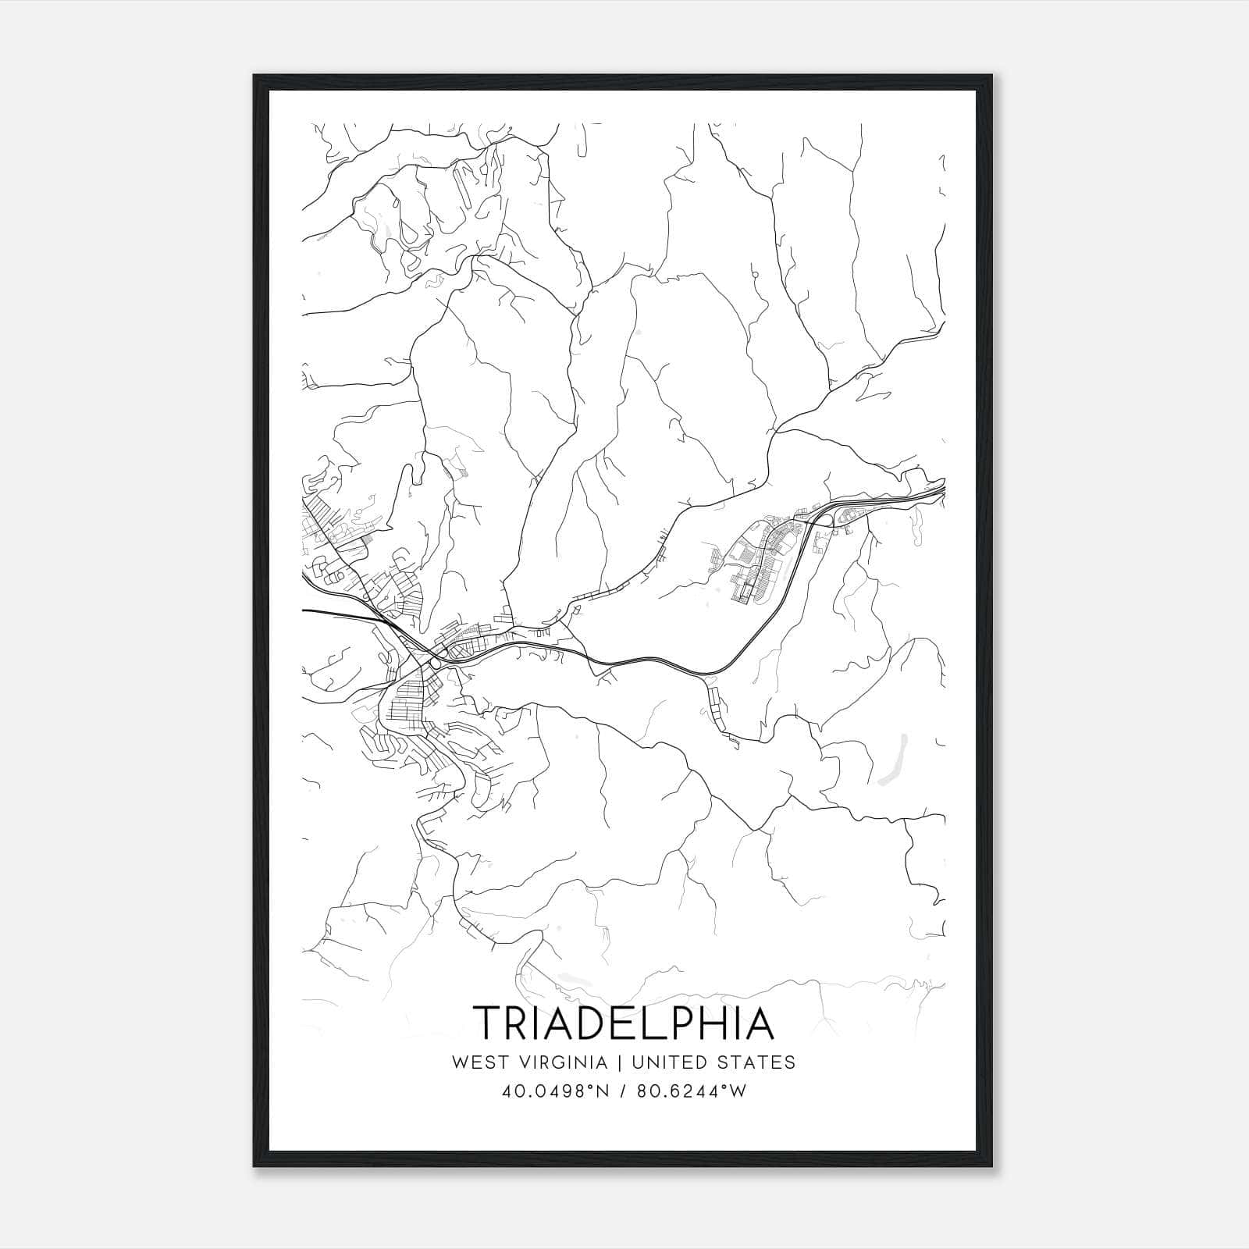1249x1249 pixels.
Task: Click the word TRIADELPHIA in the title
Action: [624, 1023]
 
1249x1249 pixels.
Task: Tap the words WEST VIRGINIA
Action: [529, 1062]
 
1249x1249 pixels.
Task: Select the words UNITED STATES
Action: [713, 1062]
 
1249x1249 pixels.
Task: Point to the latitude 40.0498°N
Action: [553, 1091]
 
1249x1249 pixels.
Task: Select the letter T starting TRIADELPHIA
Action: [486, 1023]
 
